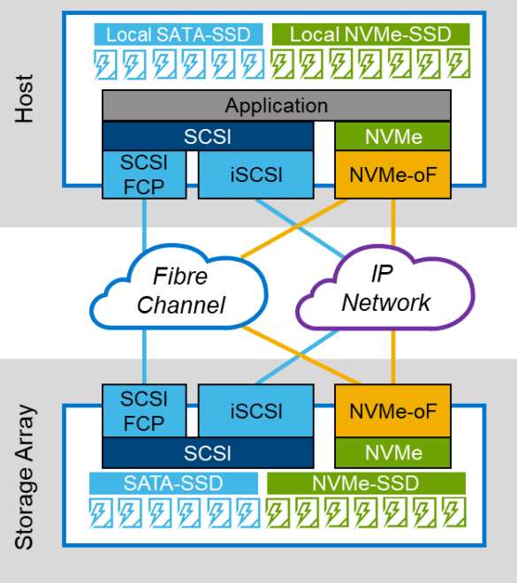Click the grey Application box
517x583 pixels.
[277, 105]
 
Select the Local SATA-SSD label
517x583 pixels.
[179, 34]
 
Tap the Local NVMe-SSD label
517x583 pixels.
[371, 34]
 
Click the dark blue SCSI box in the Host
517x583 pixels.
[208, 136]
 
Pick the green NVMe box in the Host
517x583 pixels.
[392, 136]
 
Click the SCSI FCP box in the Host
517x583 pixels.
[144, 174]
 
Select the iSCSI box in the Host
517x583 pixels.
[256, 174]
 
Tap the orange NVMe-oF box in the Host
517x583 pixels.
[392, 174]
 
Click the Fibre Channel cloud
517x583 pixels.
[179, 290]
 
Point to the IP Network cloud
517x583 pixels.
[385, 288]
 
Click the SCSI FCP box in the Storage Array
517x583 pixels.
[144, 411]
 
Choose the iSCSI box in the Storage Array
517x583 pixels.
[256, 411]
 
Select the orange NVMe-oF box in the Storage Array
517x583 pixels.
[392, 411]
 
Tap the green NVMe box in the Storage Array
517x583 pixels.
[392, 453]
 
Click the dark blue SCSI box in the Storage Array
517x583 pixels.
[208, 453]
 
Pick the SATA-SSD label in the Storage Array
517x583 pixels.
[173, 483]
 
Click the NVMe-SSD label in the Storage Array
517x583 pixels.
[366, 483]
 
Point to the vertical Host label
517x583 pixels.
[24, 99]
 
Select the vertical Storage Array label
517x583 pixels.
[25, 477]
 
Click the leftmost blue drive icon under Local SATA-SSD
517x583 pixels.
[105, 64]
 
